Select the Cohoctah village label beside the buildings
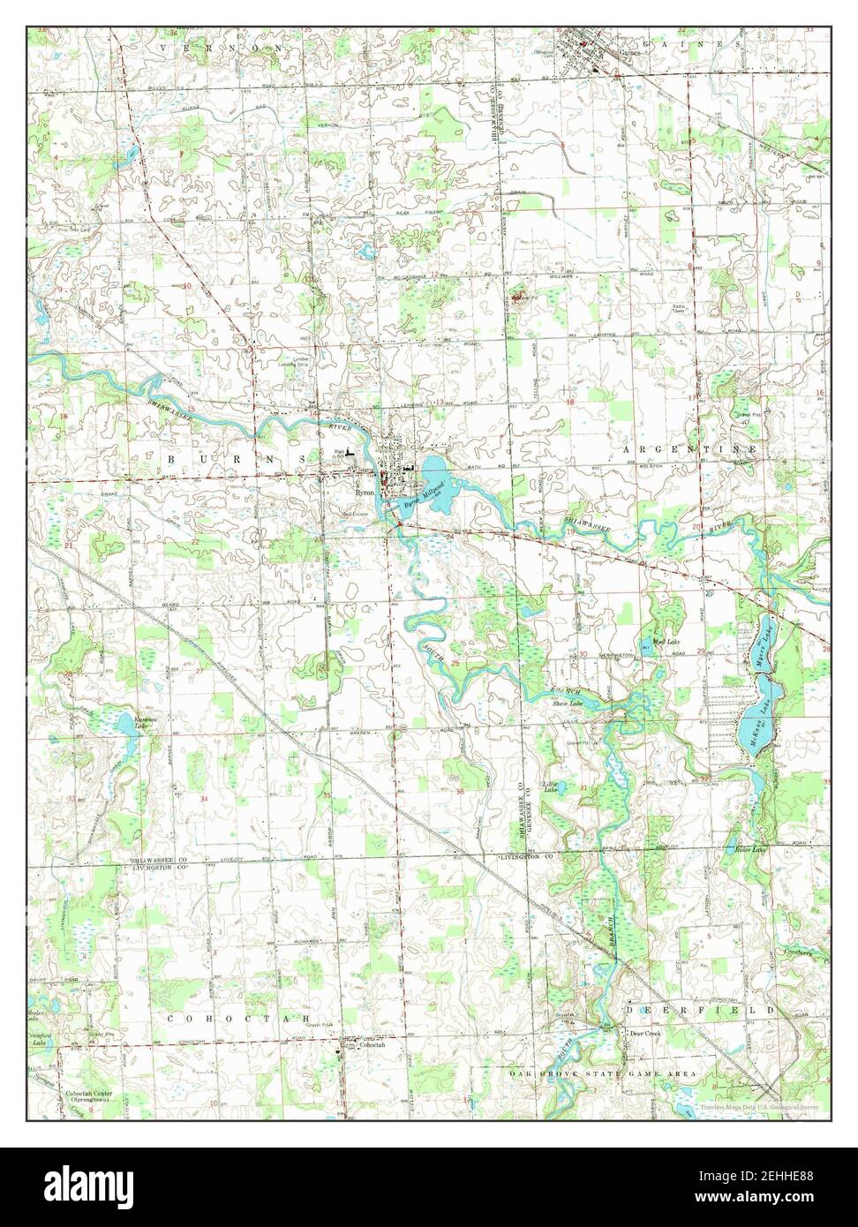[x=370, y=1044]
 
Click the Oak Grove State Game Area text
[x=602, y=1073]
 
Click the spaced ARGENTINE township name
[x=689, y=449]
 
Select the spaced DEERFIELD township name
[x=701, y=1008]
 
